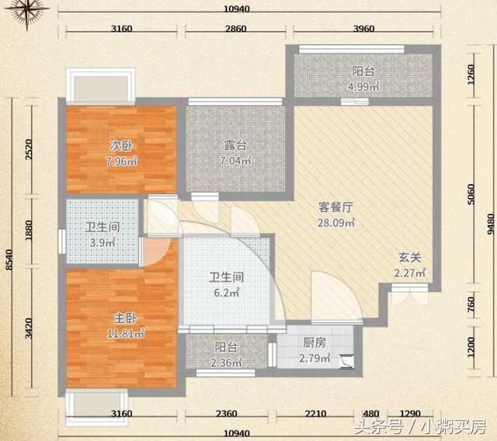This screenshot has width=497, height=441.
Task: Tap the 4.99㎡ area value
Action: (x=362, y=85)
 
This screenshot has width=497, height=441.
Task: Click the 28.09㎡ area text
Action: (x=336, y=223)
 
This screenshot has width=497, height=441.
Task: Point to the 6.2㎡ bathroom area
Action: (x=228, y=293)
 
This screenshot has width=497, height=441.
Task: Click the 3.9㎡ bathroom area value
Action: (x=101, y=243)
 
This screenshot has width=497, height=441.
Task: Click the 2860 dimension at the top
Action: (x=235, y=29)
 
